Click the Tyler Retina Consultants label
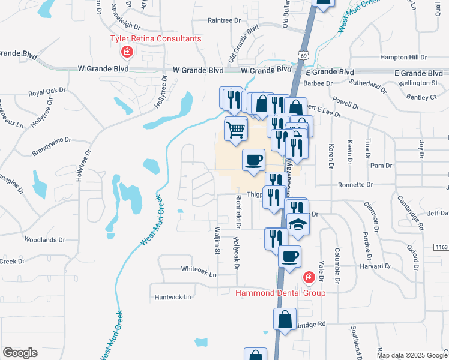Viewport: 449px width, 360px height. (155, 38)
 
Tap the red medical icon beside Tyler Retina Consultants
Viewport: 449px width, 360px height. (127, 52)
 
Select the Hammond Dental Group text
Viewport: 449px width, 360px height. (280, 293)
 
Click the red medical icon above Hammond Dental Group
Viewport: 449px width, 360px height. (309, 278)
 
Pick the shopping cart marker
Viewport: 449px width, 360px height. (236, 129)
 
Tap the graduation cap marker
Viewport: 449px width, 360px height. (298, 225)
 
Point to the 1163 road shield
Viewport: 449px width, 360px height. (441, 247)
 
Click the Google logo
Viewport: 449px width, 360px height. (20, 353)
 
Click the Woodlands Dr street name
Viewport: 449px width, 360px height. (44, 239)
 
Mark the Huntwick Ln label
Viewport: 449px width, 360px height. (172, 296)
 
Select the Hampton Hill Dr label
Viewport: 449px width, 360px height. (403, 57)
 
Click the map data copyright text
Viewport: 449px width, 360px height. (411, 355)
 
